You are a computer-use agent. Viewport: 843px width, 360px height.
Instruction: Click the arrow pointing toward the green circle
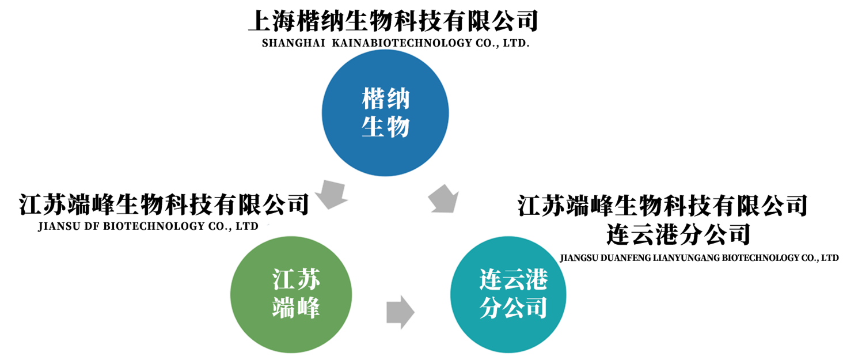(x=331, y=195)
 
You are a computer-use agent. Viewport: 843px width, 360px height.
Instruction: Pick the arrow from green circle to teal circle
(x=400, y=312)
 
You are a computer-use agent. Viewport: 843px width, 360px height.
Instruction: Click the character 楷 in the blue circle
(x=373, y=99)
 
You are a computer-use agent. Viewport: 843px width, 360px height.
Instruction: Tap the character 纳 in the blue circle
(x=398, y=99)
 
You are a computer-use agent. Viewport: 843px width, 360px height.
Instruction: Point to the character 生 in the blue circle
(x=373, y=127)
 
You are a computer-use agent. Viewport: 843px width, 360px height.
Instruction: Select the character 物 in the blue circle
(x=398, y=127)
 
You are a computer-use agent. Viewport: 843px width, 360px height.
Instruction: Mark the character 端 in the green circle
(x=284, y=308)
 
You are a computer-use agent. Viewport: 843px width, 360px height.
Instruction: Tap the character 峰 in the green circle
(x=309, y=308)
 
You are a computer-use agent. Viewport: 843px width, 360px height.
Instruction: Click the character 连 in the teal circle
(x=490, y=281)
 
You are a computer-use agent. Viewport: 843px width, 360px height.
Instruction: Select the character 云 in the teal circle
(x=513, y=281)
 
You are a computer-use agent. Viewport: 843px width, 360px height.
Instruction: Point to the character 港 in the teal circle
(x=536, y=281)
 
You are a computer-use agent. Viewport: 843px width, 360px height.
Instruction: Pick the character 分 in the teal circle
(x=490, y=308)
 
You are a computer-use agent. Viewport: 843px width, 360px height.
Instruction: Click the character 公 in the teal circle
(x=513, y=308)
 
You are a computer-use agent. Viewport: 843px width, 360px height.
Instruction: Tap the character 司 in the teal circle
(x=536, y=308)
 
